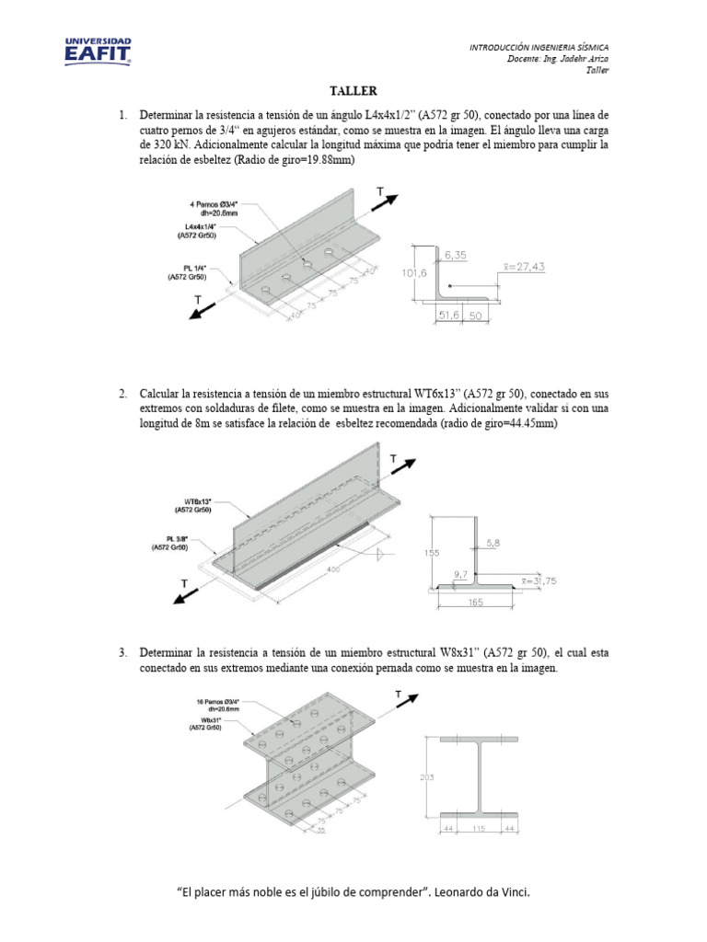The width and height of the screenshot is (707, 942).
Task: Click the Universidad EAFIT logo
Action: [98, 51]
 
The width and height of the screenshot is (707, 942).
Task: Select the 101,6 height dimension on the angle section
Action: [410, 272]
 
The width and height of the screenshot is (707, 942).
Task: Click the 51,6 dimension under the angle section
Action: [447, 315]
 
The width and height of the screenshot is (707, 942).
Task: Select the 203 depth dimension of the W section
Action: [426, 777]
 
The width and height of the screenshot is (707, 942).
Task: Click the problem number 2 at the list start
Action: [122, 394]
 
